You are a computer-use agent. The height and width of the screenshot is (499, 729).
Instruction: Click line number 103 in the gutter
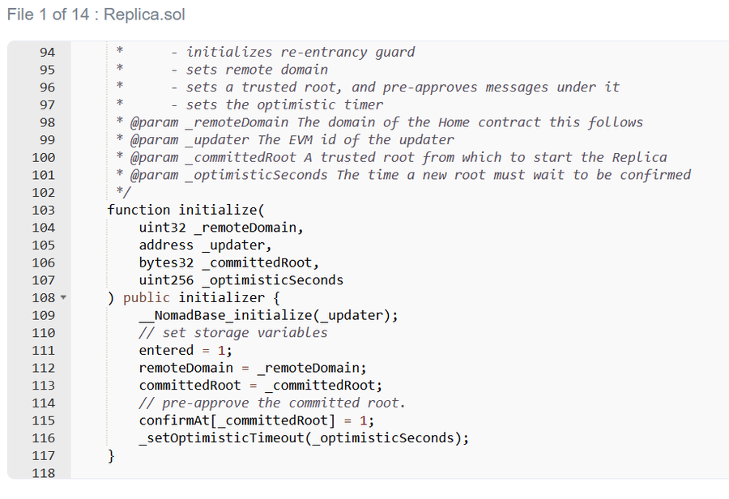tap(43, 210)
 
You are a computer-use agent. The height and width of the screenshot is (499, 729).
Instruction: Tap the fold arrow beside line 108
tap(63, 298)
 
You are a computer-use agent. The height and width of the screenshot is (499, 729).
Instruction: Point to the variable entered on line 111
tap(166, 351)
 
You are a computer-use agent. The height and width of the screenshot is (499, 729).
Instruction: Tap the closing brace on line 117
tap(111, 456)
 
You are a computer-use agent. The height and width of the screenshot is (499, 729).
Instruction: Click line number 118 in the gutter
tap(43, 473)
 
